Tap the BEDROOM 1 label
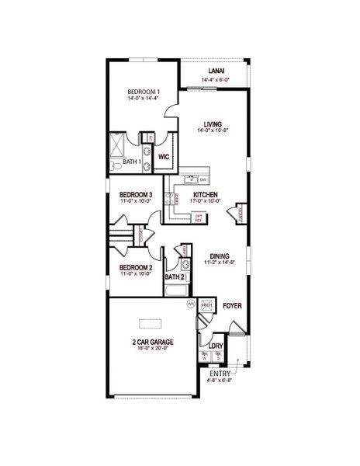pyautogui.click(x=142, y=93)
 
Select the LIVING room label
pyautogui.click(x=213, y=124)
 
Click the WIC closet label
pyautogui.click(x=164, y=157)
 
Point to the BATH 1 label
pyautogui.click(x=132, y=162)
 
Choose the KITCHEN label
pyautogui.click(x=206, y=195)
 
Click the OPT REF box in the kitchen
pyautogui.click(x=199, y=217)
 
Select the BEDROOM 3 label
pyautogui.click(x=135, y=195)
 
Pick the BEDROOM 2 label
pyautogui.click(x=135, y=268)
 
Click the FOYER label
pyautogui.click(x=232, y=306)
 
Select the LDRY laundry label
pyautogui.click(x=216, y=345)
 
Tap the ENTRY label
pyautogui.click(x=220, y=374)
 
